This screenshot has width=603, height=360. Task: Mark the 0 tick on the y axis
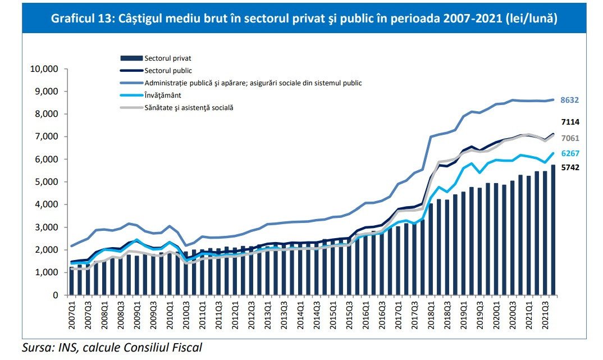(56, 295)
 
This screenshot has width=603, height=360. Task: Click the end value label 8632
(570, 101)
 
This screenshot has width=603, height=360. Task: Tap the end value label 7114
(570, 122)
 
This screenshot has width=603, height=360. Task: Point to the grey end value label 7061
(570, 138)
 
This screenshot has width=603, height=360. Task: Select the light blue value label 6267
(570, 153)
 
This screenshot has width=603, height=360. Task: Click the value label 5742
(570, 167)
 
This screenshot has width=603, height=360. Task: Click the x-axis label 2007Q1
(71, 314)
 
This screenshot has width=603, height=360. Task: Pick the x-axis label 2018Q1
(431, 314)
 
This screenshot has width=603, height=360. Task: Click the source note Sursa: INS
(112, 347)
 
